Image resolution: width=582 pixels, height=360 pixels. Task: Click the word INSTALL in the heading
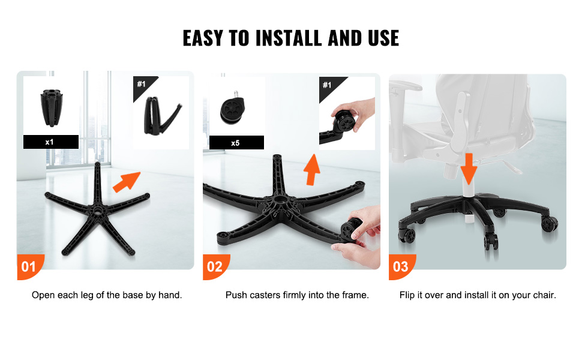pyautogui.click(x=288, y=38)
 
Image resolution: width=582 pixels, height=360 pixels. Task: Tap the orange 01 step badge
pyautogui.click(x=29, y=266)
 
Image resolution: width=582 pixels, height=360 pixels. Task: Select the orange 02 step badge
pyautogui.click(x=215, y=266)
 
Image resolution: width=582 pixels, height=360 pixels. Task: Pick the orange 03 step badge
pyautogui.click(x=401, y=266)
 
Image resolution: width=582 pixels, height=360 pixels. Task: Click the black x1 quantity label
pyautogui.click(x=51, y=142)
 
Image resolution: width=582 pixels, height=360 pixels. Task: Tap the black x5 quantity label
pyautogui.click(x=236, y=143)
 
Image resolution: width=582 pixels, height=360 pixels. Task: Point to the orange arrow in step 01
pyautogui.click(x=127, y=182)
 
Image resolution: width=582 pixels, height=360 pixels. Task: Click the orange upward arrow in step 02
pyautogui.click(x=312, y=170)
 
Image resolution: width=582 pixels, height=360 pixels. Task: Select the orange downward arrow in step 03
pyautogui.click(x=469, y=169)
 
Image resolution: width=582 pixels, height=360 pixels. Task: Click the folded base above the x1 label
pyautogui.click(x=52, y=107)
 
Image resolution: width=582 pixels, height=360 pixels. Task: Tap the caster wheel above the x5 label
pyautogui.click(x=232, y=110)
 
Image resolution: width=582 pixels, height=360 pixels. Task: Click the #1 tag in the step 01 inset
pyautogui.click(x=142, y=84)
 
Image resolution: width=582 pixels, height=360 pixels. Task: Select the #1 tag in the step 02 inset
pyautogui.click(x=327, y=85)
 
